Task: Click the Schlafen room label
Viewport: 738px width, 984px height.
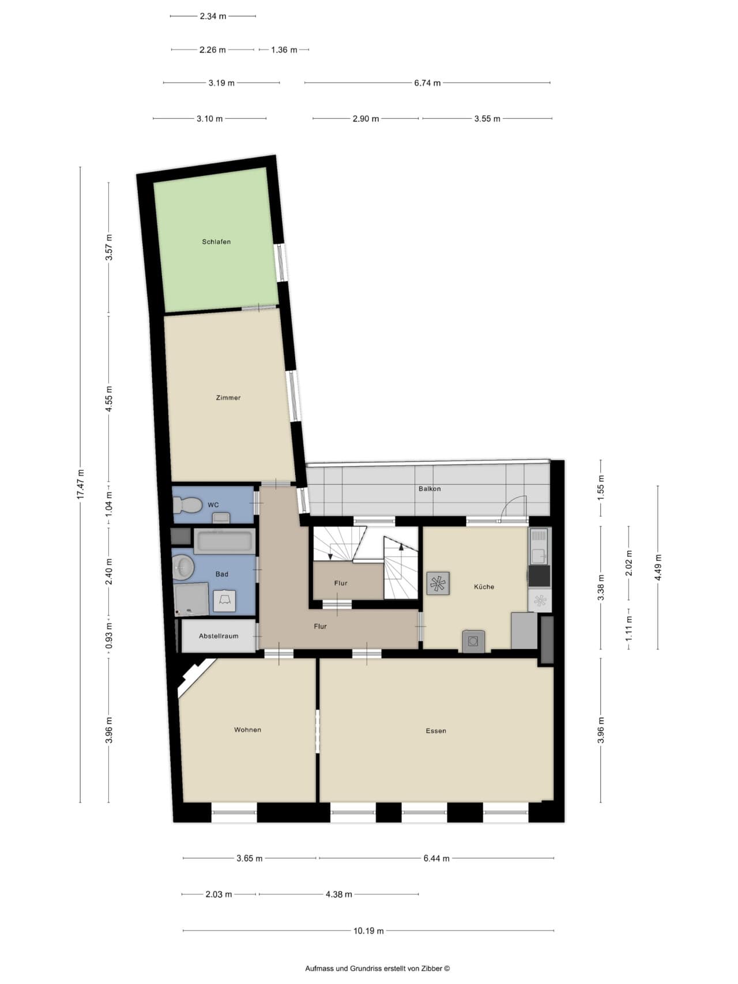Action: coord(216,242)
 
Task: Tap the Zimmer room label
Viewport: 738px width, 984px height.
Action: coord(228,398)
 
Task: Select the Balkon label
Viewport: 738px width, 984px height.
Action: coord(430,489)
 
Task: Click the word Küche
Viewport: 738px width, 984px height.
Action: coord(484,587)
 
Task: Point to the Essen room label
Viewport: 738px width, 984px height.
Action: coord(436,731)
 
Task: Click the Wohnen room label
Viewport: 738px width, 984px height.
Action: coord(247,730)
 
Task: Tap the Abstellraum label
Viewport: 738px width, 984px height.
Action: coord(219,636)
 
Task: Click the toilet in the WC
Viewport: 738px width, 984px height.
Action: coord(187,506)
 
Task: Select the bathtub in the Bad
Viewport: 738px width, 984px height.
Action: coord(224,541)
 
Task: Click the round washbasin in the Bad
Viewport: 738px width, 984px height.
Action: coord(183,567)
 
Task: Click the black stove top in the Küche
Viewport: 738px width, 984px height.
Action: coord(539,576)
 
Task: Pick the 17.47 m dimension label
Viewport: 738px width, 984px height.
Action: coord(81,485)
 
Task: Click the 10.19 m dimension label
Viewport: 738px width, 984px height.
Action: coord(368,930)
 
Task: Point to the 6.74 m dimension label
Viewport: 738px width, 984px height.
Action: coord(427,83)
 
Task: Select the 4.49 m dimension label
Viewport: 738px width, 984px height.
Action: coord(658,568)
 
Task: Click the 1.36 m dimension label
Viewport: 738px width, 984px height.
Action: coord(284,50)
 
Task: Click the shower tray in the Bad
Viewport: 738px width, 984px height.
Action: coord(191,599)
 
